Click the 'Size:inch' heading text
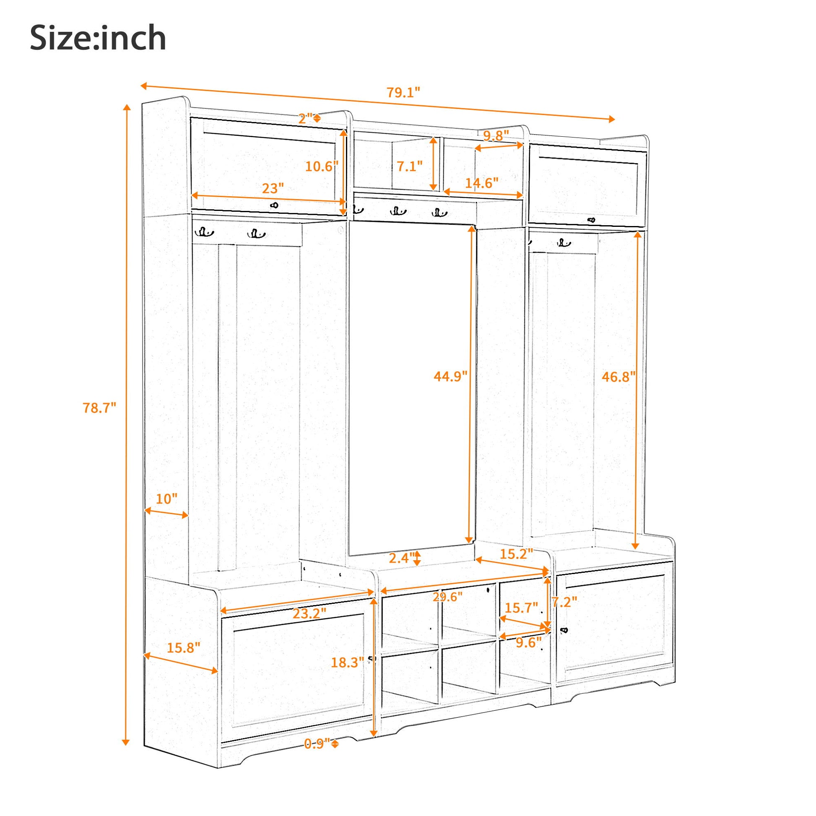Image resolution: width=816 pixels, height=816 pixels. tap(98, 39)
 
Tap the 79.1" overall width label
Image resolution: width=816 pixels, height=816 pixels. tap(404, 93)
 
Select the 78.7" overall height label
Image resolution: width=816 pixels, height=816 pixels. tap(99, 408)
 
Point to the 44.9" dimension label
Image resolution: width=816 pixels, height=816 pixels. tap(451, 376)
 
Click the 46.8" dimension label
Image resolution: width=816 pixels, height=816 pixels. tap(619, 376)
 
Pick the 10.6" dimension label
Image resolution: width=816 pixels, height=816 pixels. tap(322, 166)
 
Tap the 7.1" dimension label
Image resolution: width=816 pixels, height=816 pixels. tap(409, 166)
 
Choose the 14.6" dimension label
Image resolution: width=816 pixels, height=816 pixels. tap(482, 182)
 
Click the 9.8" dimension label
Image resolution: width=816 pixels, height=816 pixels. tap(496, 135)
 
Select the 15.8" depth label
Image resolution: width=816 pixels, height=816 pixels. tap(183, 647)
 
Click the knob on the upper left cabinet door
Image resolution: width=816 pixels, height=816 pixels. tap(275, 205)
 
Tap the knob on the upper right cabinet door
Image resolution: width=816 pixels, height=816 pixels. tap(591, 220)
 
